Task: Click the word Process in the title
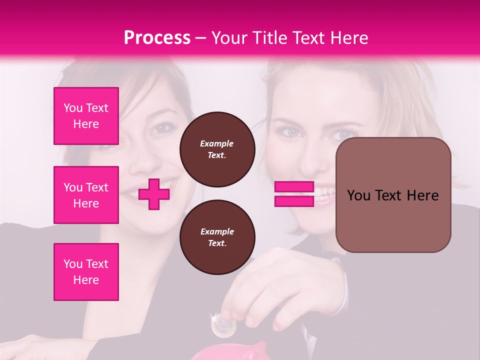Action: click(157, 38)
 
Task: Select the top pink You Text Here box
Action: click(86, 116)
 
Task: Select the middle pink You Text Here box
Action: click(86, 195)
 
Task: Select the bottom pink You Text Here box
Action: click(86, 272)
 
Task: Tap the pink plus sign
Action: click(154, 194)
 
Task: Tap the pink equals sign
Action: click(294, 194)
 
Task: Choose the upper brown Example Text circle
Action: click(217, 149)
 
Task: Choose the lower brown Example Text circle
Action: click(217, 237)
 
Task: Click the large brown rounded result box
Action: click(393, 195)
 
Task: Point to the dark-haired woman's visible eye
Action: click(161, 128)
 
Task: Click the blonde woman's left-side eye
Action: click(291, 132)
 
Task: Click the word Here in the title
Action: click(349, 38)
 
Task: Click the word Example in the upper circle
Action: click(217, 143)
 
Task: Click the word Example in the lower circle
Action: click(217, 231)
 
